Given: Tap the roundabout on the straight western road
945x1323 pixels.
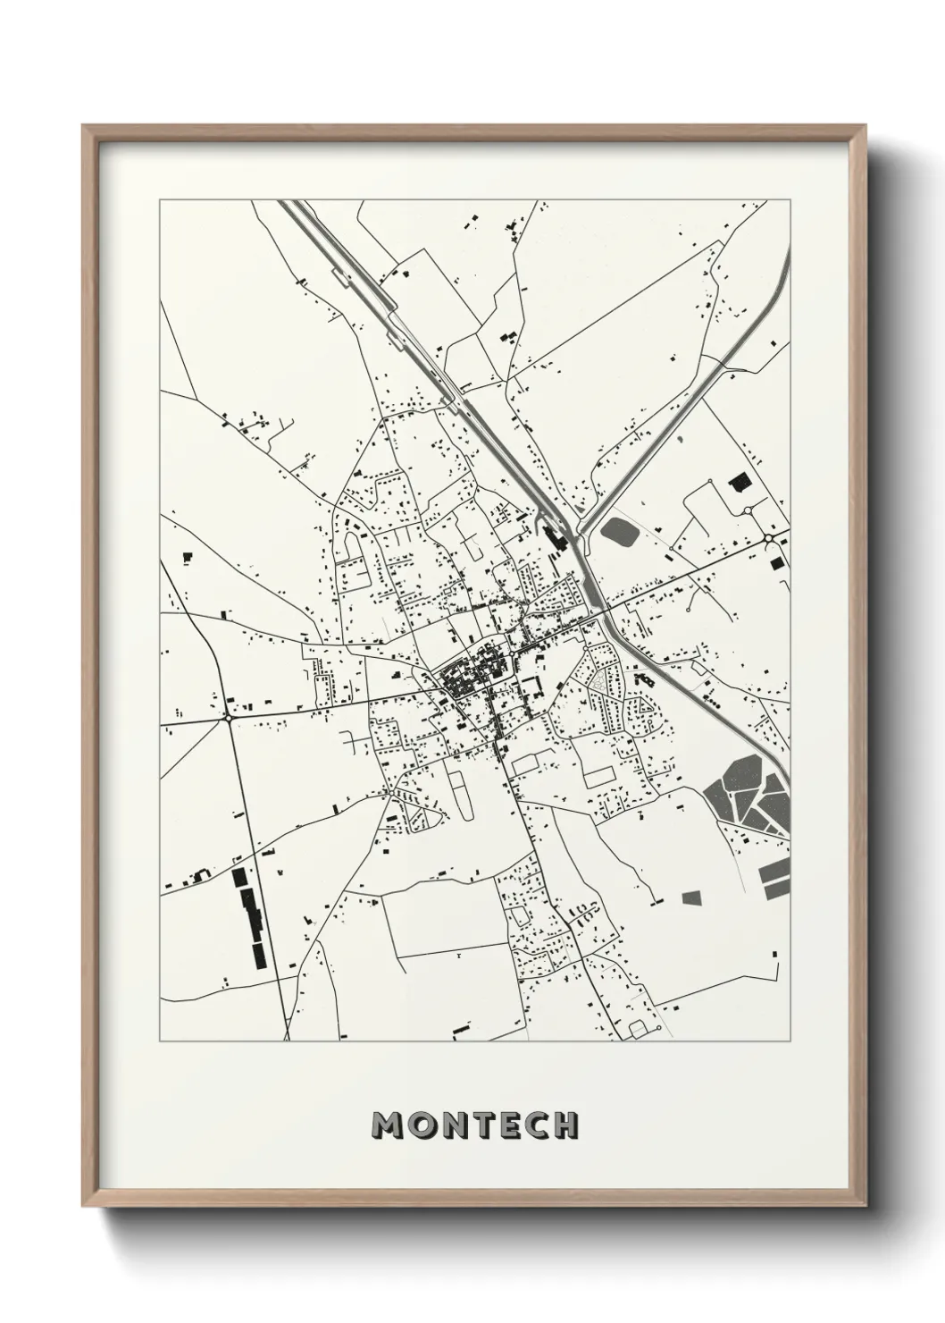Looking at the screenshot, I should [229, 716].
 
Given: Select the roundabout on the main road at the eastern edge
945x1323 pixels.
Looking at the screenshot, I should [769, 538].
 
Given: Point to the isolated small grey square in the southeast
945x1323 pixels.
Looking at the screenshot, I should [692, 897].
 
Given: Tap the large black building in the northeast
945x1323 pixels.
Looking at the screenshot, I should [739, 483].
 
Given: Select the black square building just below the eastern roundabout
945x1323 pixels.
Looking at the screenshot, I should [774, 562].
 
